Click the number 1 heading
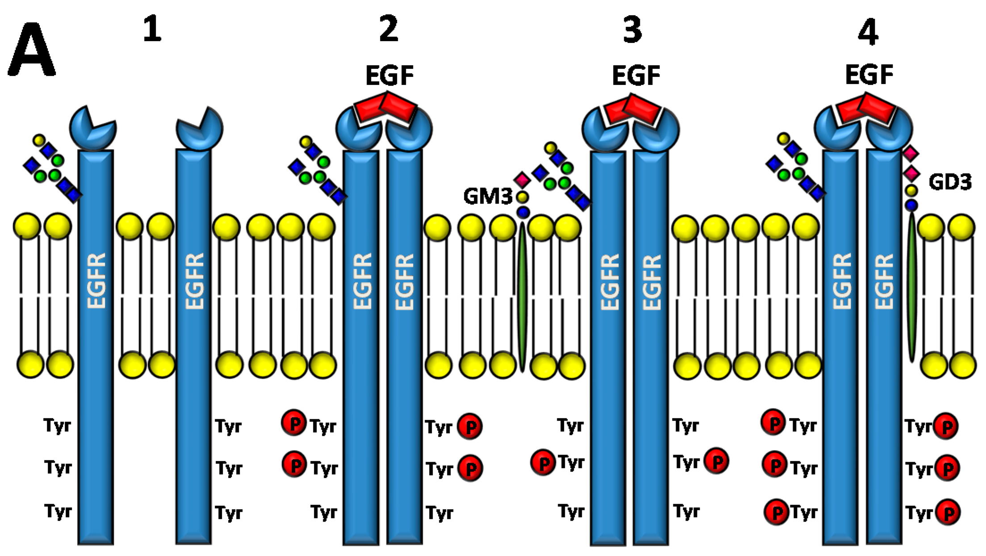152,29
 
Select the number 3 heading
632,30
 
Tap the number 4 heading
868,32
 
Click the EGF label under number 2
389,75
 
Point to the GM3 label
488,196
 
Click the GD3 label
950,182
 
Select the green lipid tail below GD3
912,286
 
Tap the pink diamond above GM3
522,180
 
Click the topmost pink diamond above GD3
911,154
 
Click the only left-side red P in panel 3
543,462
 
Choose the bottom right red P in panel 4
948,512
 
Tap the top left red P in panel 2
294,422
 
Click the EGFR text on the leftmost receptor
96,281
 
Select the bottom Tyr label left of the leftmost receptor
58,511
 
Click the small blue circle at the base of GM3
523,212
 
